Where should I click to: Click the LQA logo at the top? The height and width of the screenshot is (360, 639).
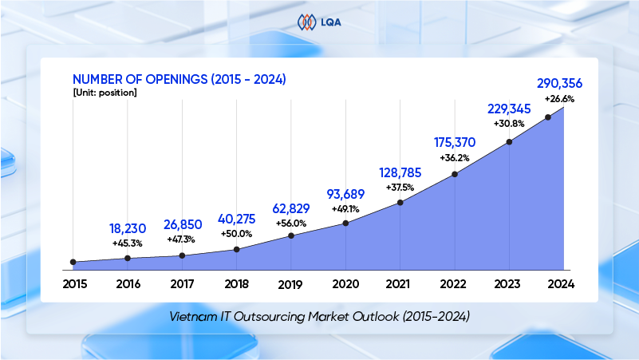(319, 22)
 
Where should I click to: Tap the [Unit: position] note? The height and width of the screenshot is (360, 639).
(105, 93)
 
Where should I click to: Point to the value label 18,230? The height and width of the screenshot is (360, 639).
(128, 227)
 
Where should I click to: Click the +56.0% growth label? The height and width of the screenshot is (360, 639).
(291, 223)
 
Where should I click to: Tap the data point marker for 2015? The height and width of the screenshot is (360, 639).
(73, 262)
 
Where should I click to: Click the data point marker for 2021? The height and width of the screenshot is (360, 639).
(400, 202)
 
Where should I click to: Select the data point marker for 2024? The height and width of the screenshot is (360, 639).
(548, 117)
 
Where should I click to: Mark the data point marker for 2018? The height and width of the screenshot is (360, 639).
(237, 249)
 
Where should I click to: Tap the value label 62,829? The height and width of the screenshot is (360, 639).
(291, 208)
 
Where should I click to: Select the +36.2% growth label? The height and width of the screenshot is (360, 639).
(455, 157)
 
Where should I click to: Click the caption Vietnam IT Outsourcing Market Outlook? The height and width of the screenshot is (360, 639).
(319, 316)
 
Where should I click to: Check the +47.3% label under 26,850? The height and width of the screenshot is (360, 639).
(182, 239)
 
